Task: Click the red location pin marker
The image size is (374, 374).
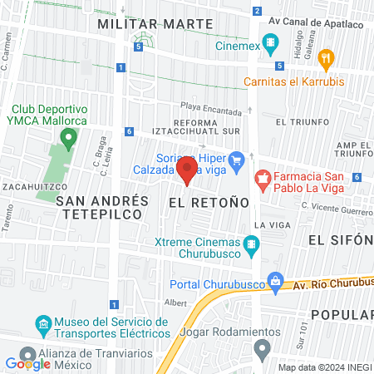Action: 186,172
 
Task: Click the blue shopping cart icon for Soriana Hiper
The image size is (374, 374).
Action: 237,159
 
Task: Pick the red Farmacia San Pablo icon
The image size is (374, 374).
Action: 263,177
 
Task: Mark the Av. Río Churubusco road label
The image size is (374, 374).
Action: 332,281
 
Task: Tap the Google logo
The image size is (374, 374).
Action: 27,364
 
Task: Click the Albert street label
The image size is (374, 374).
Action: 175,303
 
